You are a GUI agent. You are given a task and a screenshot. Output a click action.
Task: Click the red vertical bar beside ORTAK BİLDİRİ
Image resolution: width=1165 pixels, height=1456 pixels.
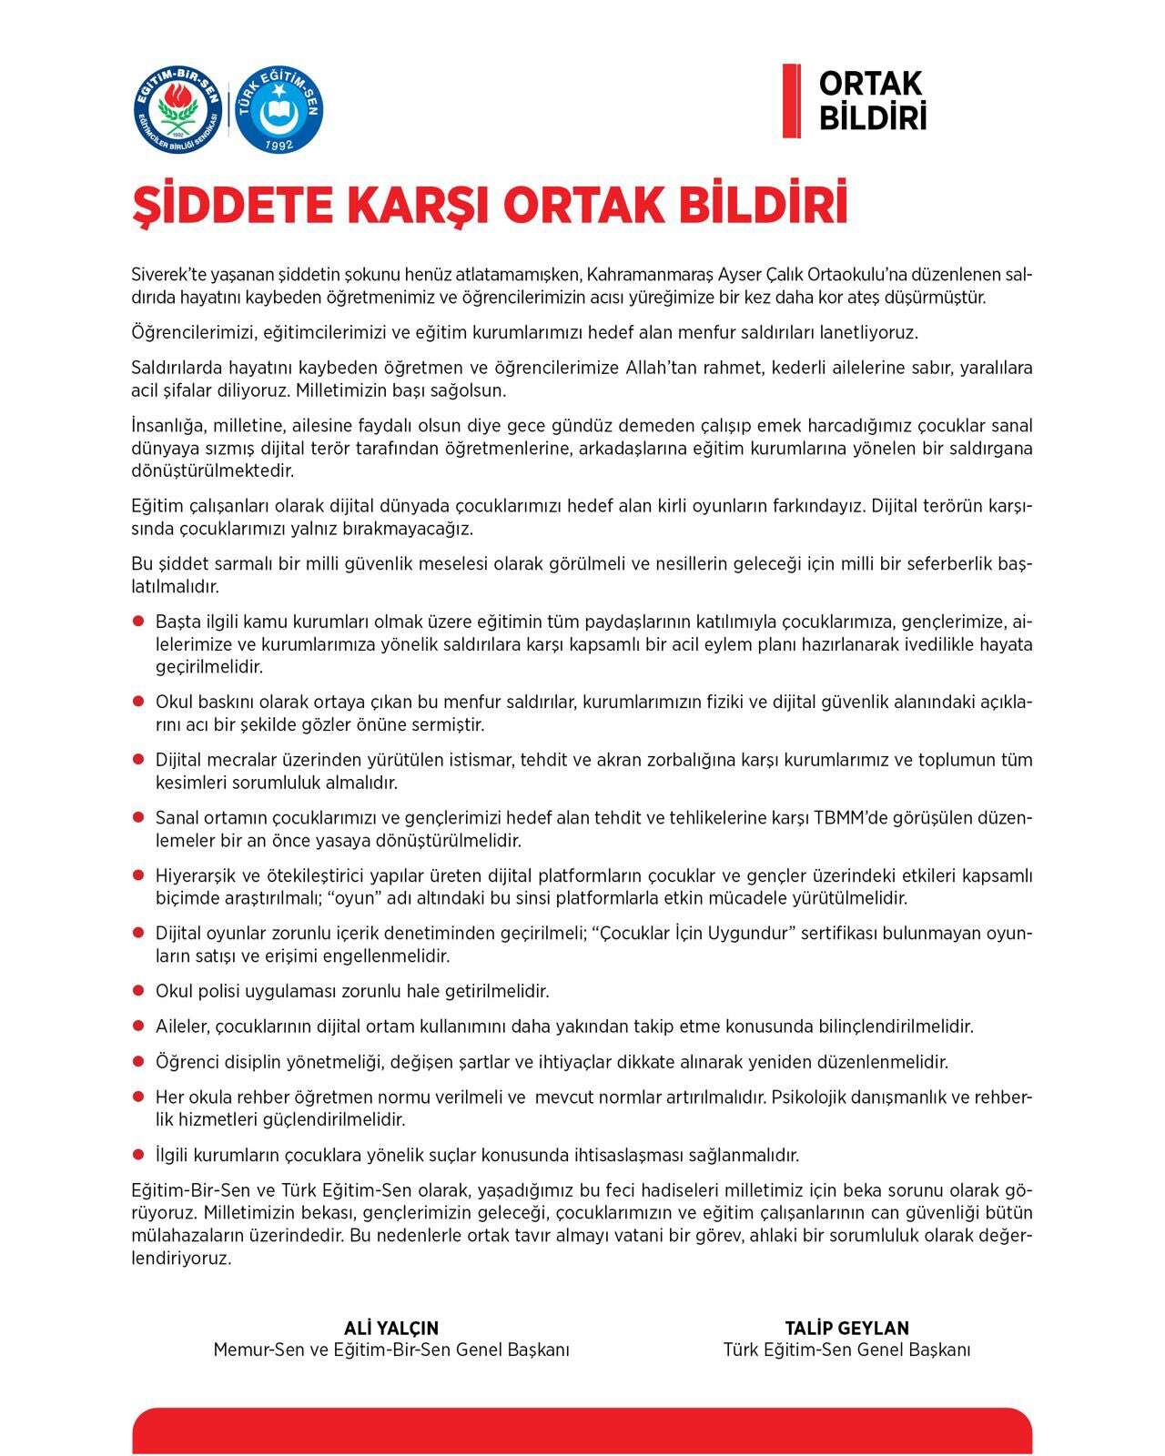[791, 101]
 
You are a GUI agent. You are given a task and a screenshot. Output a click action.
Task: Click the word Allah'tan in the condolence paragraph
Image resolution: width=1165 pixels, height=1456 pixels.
[664, 369]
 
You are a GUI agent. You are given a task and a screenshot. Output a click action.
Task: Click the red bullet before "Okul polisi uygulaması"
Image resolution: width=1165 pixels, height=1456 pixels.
[139, 990]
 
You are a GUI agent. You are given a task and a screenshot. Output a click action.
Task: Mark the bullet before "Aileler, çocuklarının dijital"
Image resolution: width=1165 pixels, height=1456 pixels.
[139, 1026]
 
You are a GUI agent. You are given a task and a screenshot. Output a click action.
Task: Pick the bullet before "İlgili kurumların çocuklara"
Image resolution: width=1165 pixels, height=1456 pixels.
[139, 1154]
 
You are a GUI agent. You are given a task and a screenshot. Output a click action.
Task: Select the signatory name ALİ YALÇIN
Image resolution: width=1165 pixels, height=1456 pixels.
[391, 1328]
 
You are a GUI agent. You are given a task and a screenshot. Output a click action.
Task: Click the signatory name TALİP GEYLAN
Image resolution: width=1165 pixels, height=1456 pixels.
[846, 1328]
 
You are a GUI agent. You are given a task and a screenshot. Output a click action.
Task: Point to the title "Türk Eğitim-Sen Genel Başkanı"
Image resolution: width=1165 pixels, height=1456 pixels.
[846, 1350]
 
